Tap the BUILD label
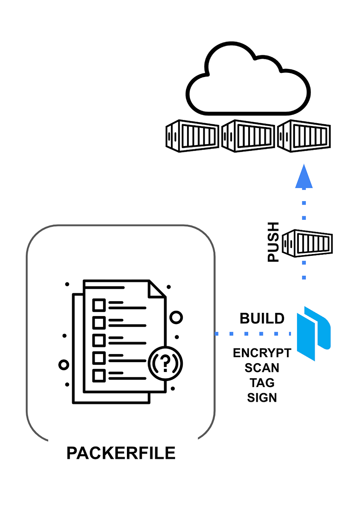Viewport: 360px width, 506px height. (x=262, y=318)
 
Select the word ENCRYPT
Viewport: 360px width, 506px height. (x=262, y=353)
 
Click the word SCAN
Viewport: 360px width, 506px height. (x=262, y=368)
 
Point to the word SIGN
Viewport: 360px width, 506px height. (x=262, y=398)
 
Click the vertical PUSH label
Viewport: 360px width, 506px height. (x=273, y=242)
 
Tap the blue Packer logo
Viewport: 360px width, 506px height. (x=314, y=334)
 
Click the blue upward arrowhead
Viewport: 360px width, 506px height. (x=304, y=176)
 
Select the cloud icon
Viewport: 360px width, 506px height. (x=248, y=78)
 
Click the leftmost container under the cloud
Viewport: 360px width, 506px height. (x=192, y=136)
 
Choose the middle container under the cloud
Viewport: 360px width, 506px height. (x=248, y=136)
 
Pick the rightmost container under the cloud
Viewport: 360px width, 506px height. (x=304, y=136)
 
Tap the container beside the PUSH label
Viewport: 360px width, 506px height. (x=307, y=243)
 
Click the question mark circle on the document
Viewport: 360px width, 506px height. (x=165, y=363)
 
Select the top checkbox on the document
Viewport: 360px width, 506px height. (x=99, y=305)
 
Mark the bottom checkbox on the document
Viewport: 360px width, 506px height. (x=99, y=376)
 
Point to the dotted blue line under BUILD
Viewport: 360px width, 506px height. (x=253, y=334)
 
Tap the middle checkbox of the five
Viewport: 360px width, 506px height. (x=99, y=340)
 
